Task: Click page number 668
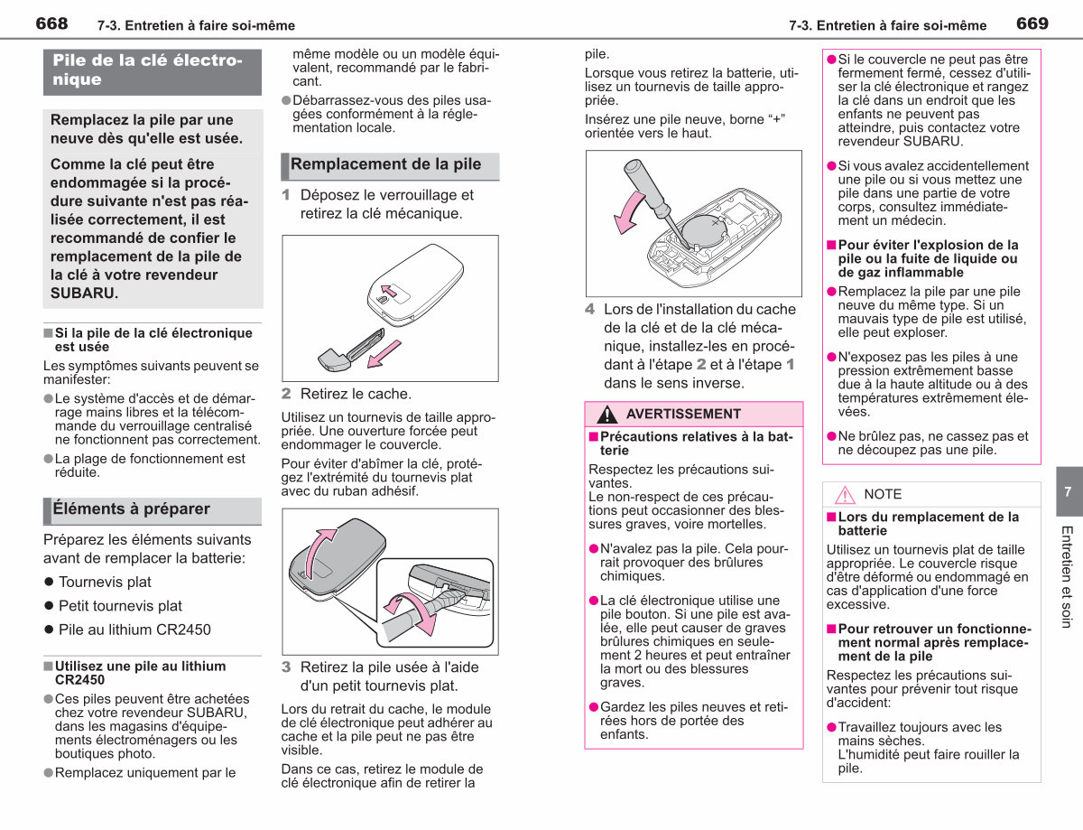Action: (51, 23)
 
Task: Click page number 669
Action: (1032, 23)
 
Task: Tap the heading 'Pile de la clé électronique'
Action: (147, 70)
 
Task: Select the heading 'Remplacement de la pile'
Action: (385, 164)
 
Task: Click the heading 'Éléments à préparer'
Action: (132, 509)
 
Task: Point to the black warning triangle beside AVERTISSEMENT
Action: (606, 415)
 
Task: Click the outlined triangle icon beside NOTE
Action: (845, 495)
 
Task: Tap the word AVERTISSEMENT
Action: (683, 414)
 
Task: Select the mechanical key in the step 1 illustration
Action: (351, 350)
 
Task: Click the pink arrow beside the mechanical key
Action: (384, 354)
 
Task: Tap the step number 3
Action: (285, 667)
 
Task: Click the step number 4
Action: (589, 309)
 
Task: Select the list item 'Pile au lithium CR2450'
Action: (134, 629)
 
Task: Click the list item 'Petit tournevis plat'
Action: (120, 606)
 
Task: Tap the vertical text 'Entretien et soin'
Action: (1066, 577)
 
